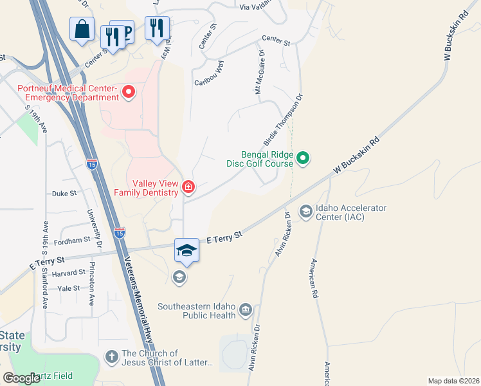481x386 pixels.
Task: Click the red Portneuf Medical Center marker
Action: click(x=128, y=93)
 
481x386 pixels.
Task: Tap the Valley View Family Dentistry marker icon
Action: click(x=188, y=187)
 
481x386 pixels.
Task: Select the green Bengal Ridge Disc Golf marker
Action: click(x=304, y=157)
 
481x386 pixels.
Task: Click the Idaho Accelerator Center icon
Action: click(x=305, y=211)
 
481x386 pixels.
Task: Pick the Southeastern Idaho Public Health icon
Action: click(x=245, y=311)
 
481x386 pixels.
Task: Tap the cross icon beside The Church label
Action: click(x=111, y=356)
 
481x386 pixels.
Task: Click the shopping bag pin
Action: click(x=82, y=30)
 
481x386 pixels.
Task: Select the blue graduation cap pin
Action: click(x=186, y=250)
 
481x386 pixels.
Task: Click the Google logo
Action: click(x=22, y=378)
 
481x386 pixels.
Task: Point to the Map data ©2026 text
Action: click(x=453, y=381)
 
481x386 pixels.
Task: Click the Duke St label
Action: click(x=64, y=192)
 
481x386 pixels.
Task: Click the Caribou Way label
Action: click(x=209, y=77)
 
